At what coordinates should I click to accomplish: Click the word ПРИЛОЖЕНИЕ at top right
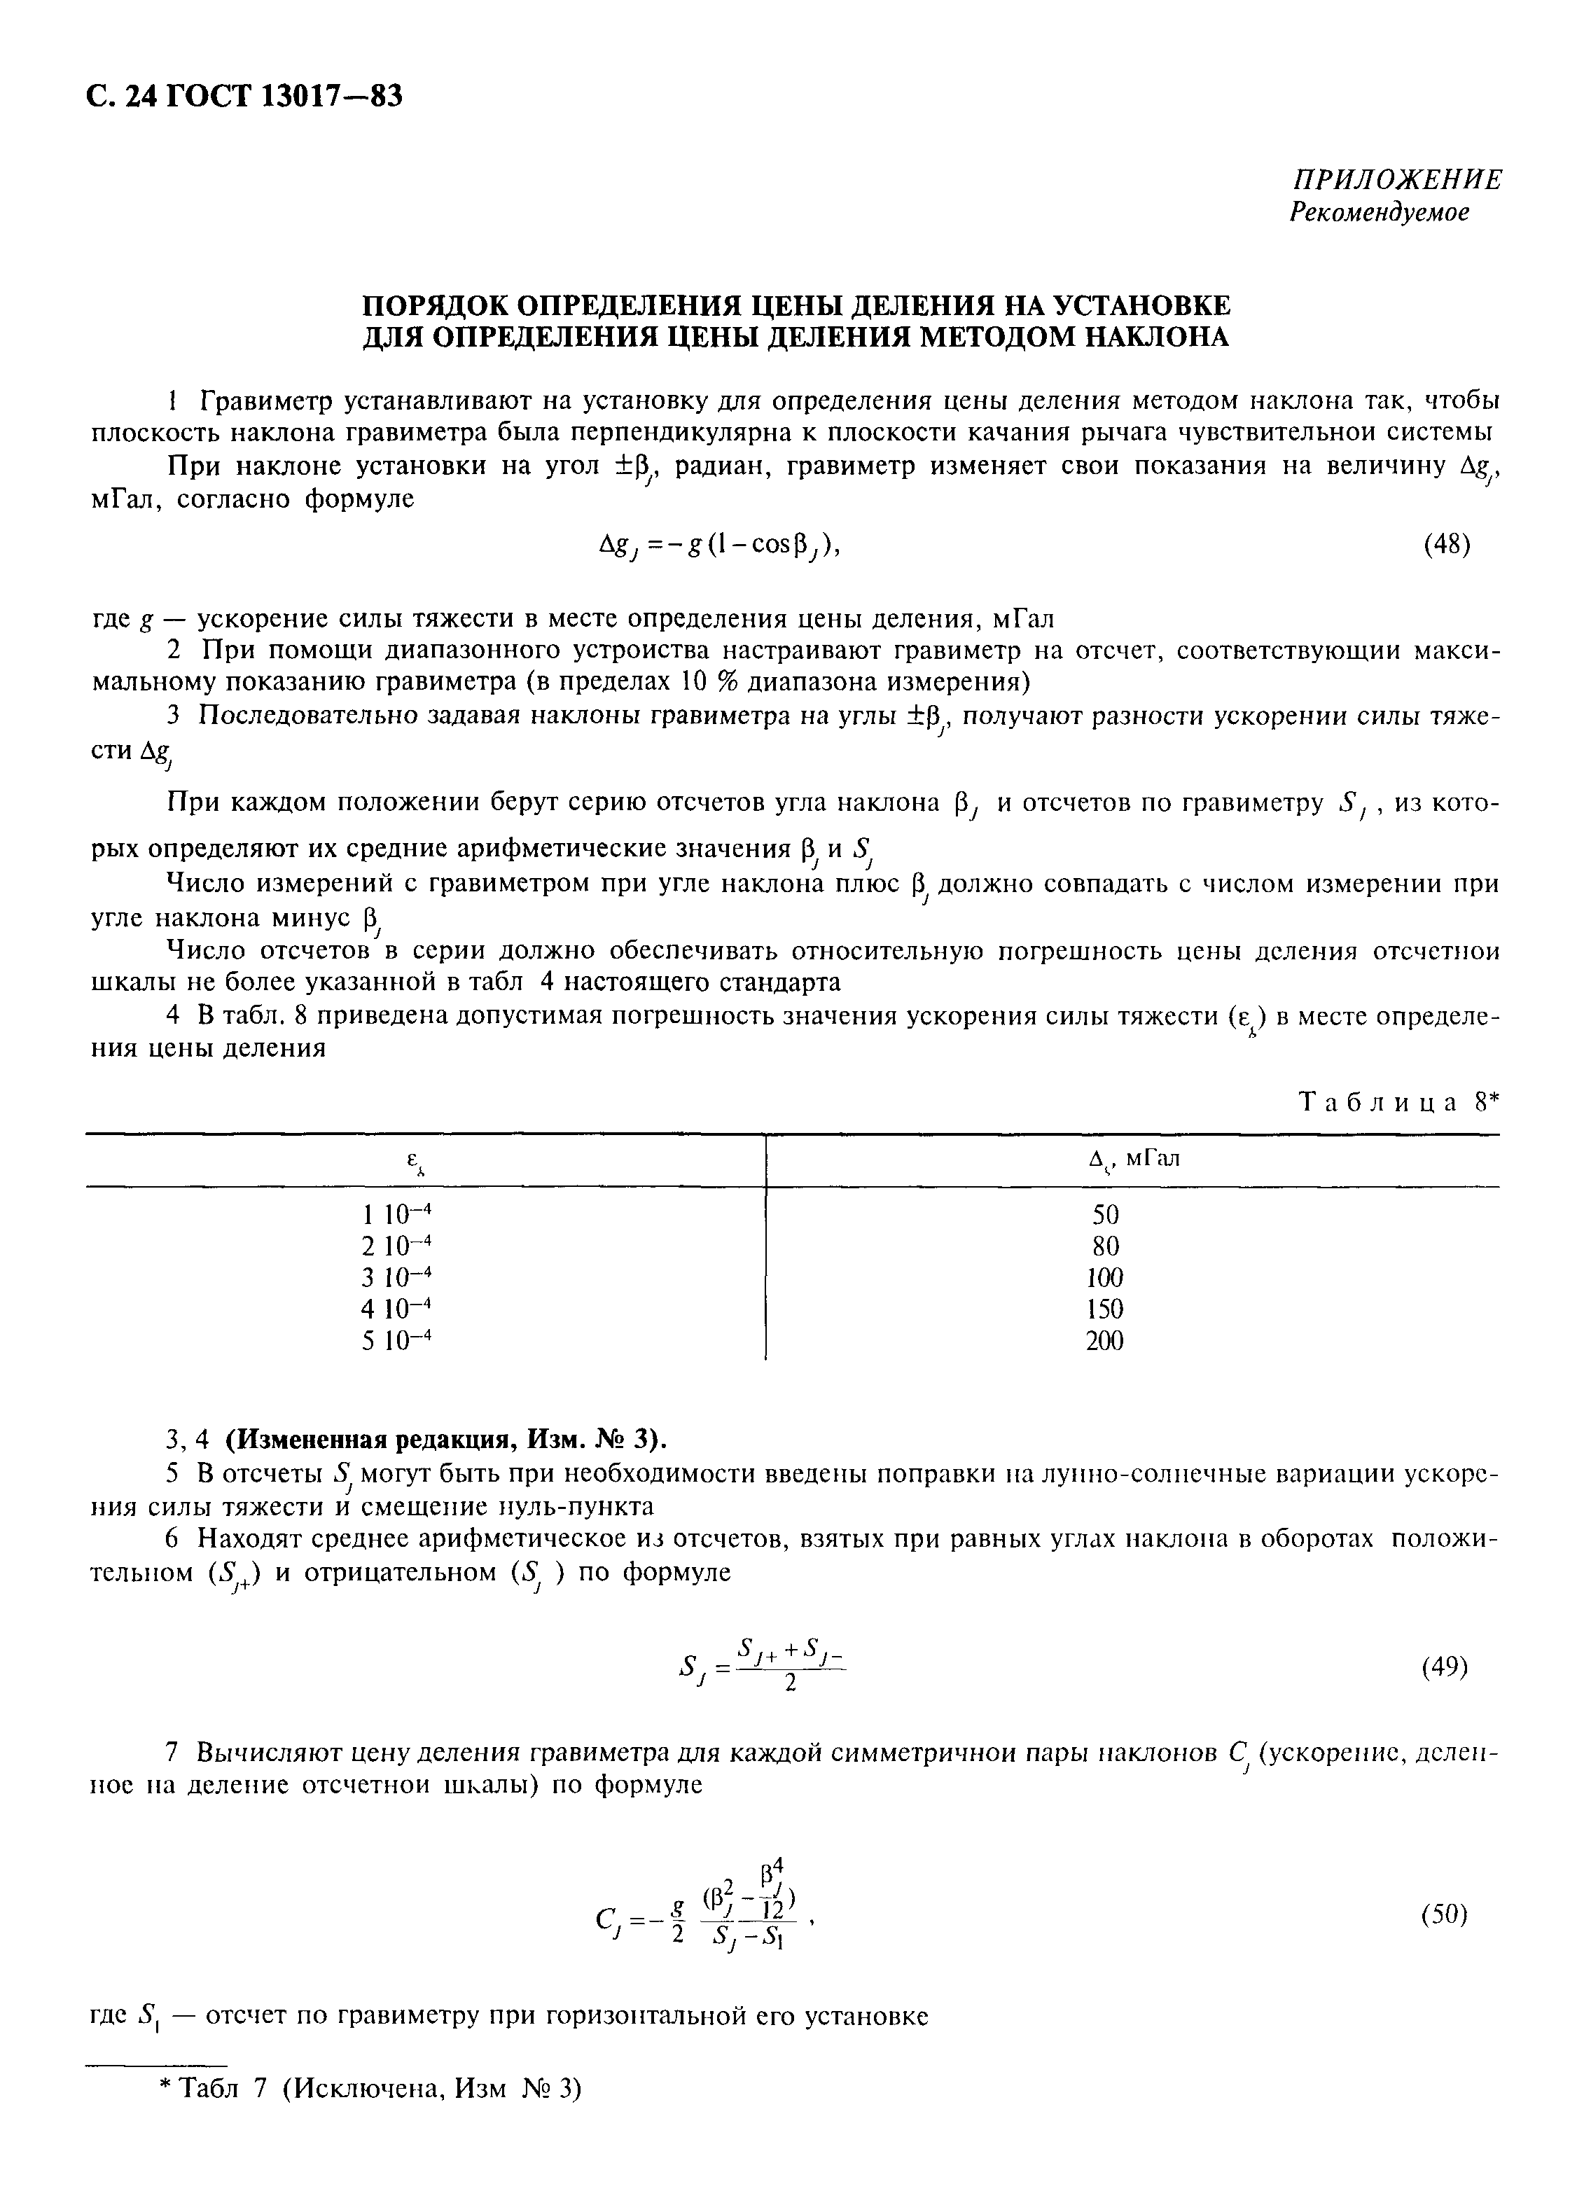pos(1398,180)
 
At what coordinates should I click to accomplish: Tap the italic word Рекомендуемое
pos(1380,213)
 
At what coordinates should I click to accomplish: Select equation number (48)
pos(1447,546)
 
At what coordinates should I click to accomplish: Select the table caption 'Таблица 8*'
pos(1396,1103)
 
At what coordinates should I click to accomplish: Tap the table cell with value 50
pos(1105,1215)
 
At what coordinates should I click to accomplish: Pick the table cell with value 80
pos(1105,1246)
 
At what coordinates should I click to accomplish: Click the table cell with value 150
pos(1105,1309)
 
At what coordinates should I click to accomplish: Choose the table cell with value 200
pos(1105,1341)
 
